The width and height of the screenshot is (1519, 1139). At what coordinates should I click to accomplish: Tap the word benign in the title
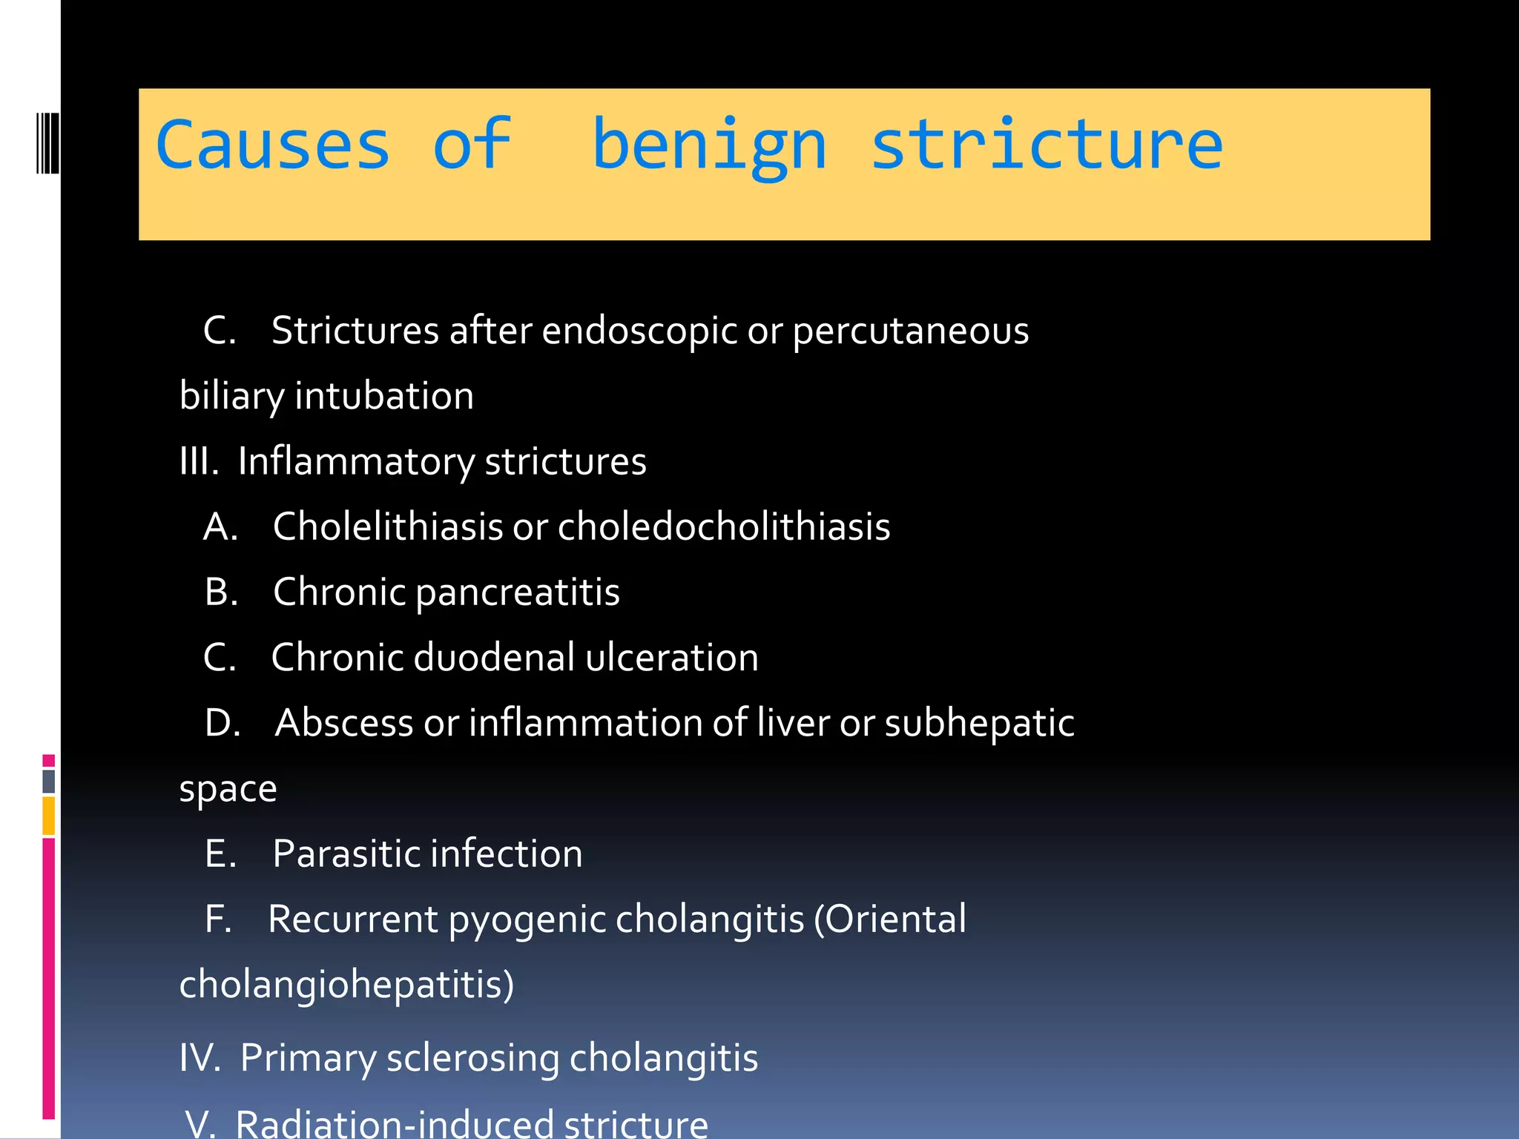pos(709,146)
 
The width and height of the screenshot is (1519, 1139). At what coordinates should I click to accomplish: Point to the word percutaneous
pos(911,331)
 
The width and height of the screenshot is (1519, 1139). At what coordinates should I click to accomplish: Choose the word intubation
pos(384,395)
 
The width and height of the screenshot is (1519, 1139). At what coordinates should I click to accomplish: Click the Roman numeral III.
pos(198,461)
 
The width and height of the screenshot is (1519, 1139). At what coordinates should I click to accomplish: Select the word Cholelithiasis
pos(388,526)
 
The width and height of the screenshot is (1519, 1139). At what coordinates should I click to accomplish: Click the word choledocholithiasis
pos(724,526)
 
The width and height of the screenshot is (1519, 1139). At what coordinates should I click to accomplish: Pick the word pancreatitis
pos(518,592)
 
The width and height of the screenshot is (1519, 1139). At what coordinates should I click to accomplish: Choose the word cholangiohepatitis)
pos(346,985)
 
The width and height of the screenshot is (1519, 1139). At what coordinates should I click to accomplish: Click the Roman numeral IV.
pos(200,1057)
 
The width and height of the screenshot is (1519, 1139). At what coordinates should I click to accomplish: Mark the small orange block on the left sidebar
pos(49,815)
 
